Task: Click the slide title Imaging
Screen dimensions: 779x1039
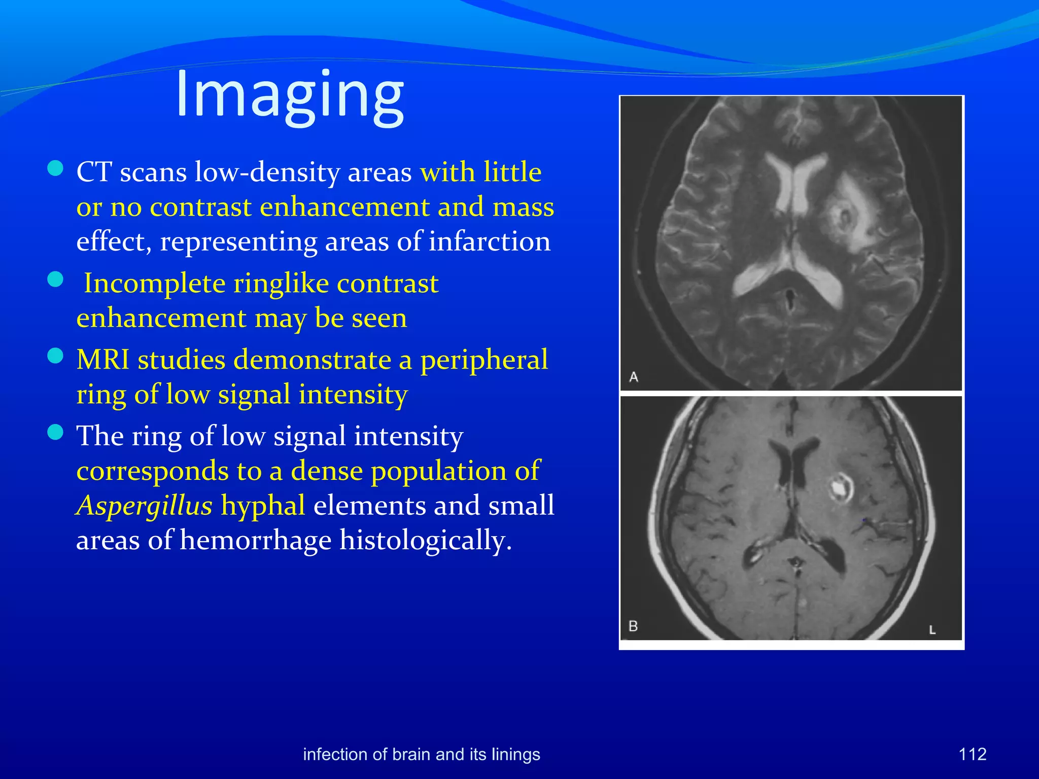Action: pyautogui.click(x=290, y=95)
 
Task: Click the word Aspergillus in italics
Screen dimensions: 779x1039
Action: pyautogui.click(x=144, y=506)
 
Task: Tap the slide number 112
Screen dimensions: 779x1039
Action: pyautogui.click(x=972, y=754)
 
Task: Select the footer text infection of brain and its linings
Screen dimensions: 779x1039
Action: pyautogui.click(x=422, y=754)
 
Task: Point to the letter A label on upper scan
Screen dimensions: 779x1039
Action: pyautogui.click(x=634, y=377)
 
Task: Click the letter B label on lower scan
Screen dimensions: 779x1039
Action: pyautogui.click(x=633, y=626)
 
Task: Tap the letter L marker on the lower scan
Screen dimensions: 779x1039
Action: pyautogui.click(x=932, y=630)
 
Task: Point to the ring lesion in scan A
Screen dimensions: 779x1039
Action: pyautogui.click(x=844, y=218)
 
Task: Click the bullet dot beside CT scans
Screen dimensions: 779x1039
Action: pyautogui.click(x=55, y=168)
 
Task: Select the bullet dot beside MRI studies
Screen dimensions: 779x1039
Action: pyautogui.click(x=55, y=356)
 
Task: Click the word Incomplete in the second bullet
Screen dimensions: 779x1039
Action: pyautogui.click(x=154, y=283)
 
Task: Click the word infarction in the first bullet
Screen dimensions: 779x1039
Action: pyautogui.click(x=490, y=241)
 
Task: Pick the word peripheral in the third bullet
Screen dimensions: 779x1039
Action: pyautogui.click(x=484, y=360)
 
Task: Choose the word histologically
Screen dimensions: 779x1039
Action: pyautogui.click(x=425, y=541)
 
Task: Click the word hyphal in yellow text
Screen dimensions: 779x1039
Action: pyautogui.click(x=263, y=506)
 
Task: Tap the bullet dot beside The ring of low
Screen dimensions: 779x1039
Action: pyautogui.click(x=55, y=432)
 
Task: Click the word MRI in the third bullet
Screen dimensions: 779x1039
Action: pyautogui.click(x=103, y=360)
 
